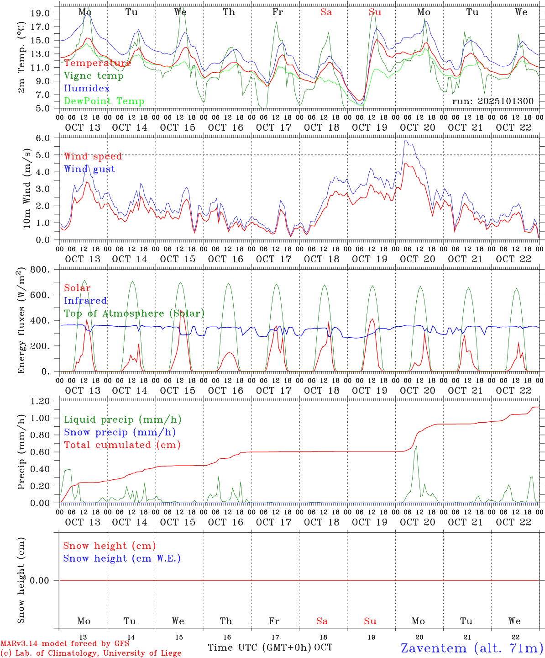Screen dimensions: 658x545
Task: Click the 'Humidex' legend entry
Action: [87, 88]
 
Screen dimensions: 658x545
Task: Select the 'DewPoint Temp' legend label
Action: [104, 101]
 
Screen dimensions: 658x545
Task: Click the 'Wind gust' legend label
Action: [89, 169]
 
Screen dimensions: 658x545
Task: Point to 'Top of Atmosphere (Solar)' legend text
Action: [134, 313]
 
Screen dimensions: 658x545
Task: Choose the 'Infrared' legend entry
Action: [85, 301]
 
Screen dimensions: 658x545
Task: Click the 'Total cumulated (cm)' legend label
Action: [122, 445]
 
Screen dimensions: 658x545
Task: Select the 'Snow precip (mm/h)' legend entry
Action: [120, 432]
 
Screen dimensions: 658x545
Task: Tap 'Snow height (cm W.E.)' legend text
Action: [122, 558]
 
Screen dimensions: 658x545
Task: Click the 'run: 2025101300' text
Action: [493, 101]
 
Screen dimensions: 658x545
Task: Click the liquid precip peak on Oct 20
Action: [416, 446]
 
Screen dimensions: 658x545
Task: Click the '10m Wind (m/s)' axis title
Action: [26, 188]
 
